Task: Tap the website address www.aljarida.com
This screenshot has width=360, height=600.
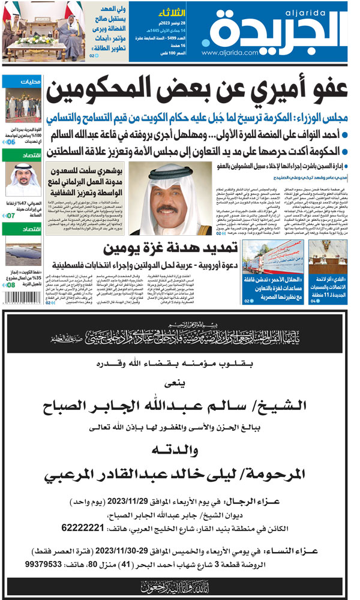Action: [224, 53]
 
